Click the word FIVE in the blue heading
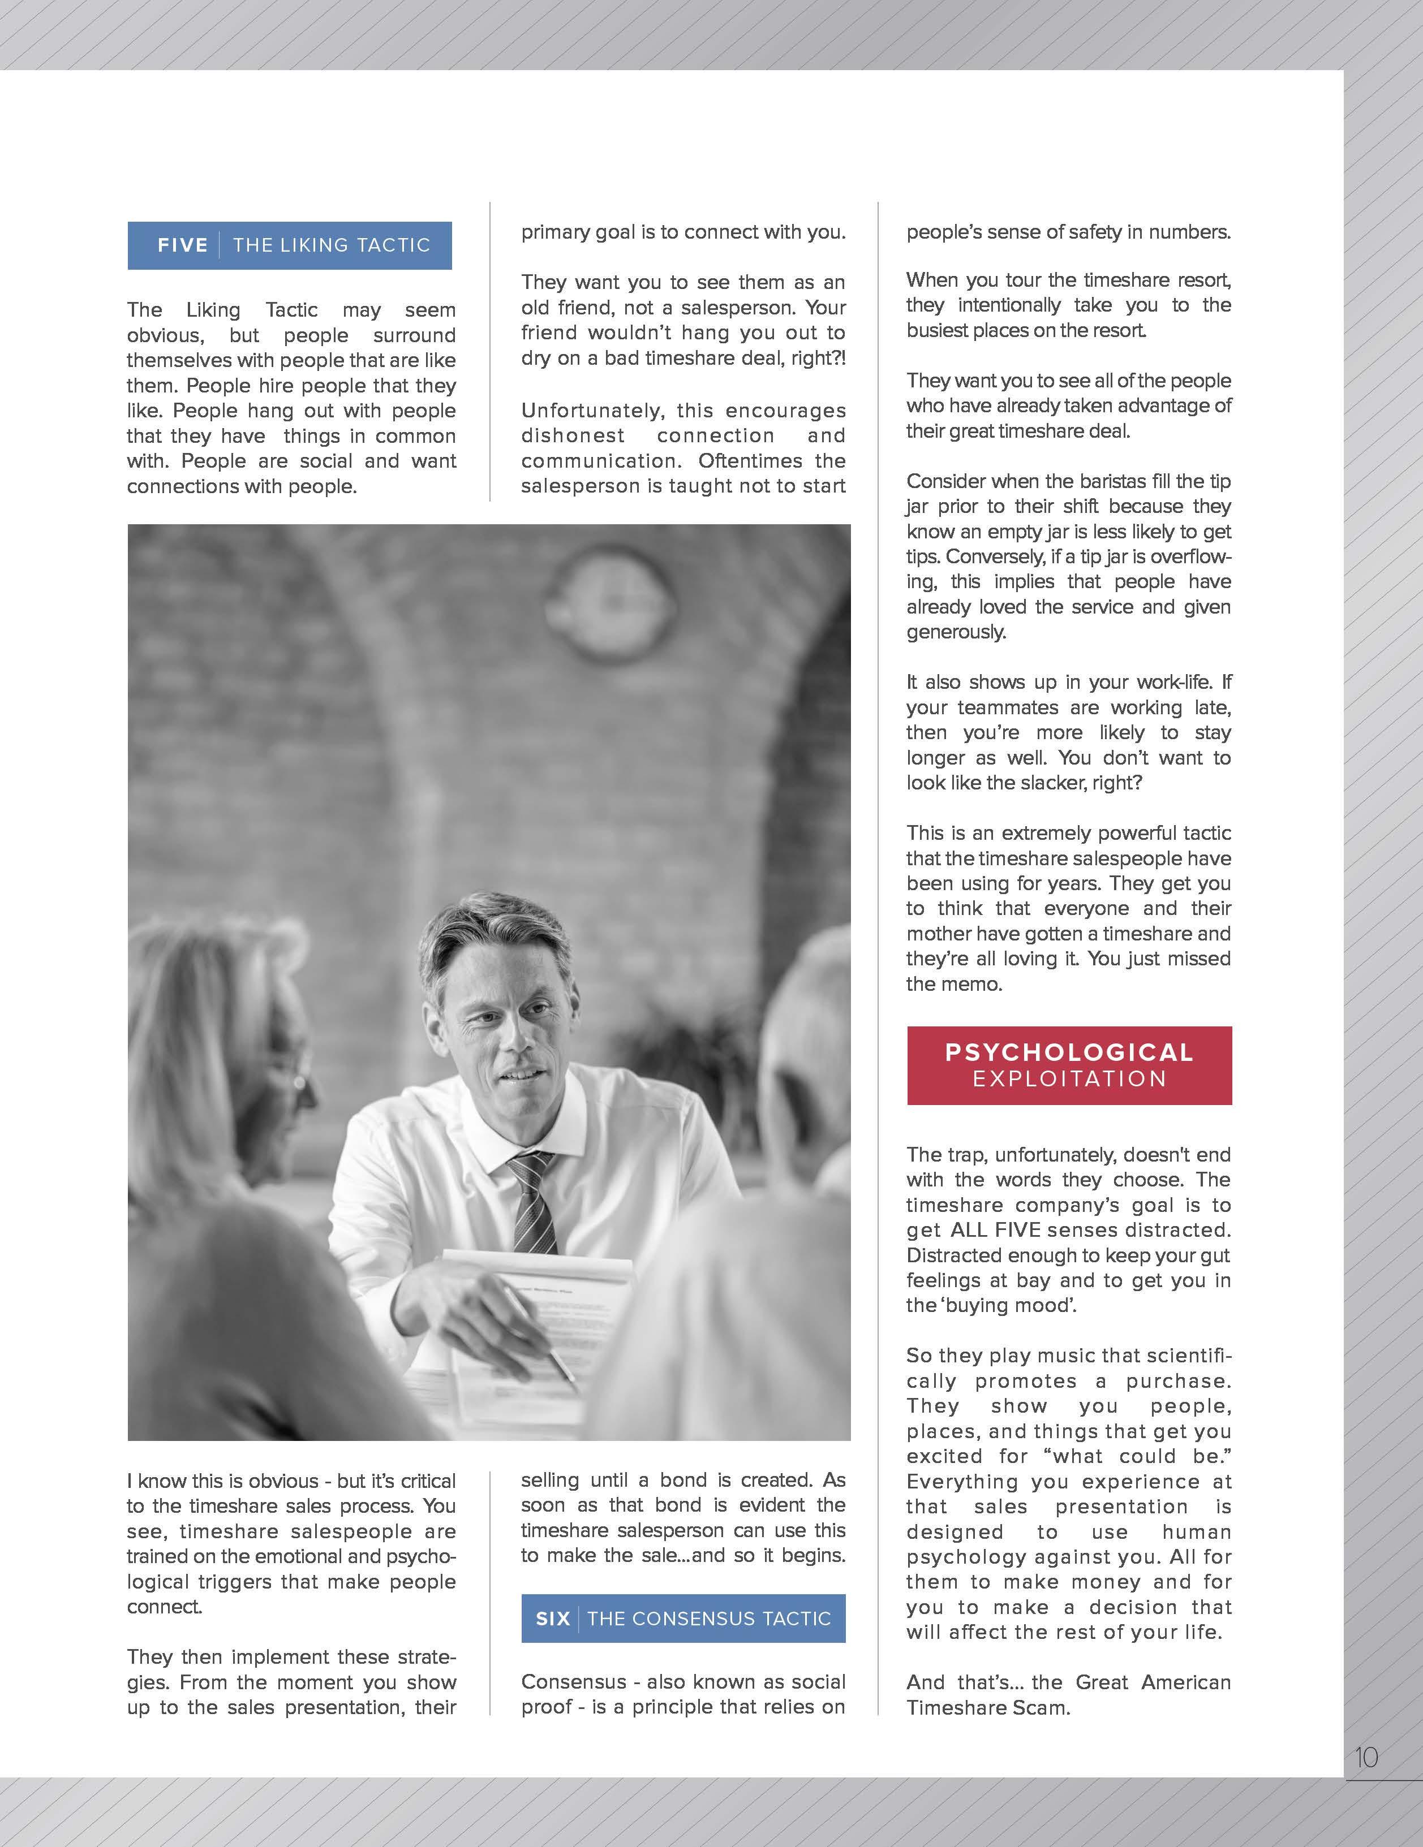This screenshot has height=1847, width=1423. [183, 245]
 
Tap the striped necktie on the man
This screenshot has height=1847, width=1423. [531, 1201]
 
